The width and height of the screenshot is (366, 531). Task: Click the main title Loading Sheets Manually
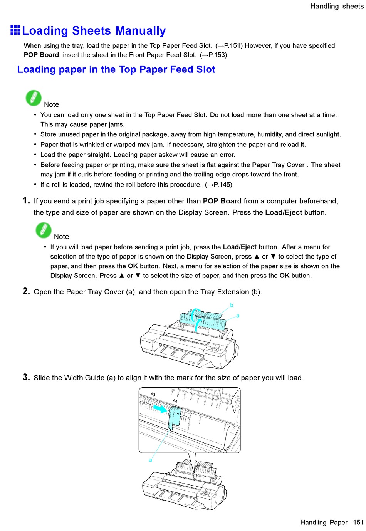(94, 31)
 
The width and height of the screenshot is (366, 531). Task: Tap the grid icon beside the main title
(15, 30)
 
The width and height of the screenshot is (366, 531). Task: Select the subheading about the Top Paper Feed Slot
(116, 69)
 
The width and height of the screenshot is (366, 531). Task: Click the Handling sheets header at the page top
(336, 6)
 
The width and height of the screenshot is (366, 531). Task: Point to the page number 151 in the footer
(358, 522)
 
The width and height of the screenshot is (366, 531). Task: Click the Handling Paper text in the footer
(324, 522)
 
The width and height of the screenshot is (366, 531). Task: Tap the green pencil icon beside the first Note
(34, 98)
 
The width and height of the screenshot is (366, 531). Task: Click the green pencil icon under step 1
(44, 230)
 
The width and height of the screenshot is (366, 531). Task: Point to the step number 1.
(26, 200)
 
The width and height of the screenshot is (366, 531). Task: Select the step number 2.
(26, 291)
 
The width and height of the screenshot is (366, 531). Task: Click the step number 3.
(26, 377)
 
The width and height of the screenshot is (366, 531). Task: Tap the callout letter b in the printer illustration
(232, 305)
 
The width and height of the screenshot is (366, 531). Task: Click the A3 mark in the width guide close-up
(153, 394)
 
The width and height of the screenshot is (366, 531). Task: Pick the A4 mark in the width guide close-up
(175, 401)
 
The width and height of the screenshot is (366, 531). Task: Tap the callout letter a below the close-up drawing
(150, 460)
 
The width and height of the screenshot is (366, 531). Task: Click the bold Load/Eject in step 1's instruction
(284, 212)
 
